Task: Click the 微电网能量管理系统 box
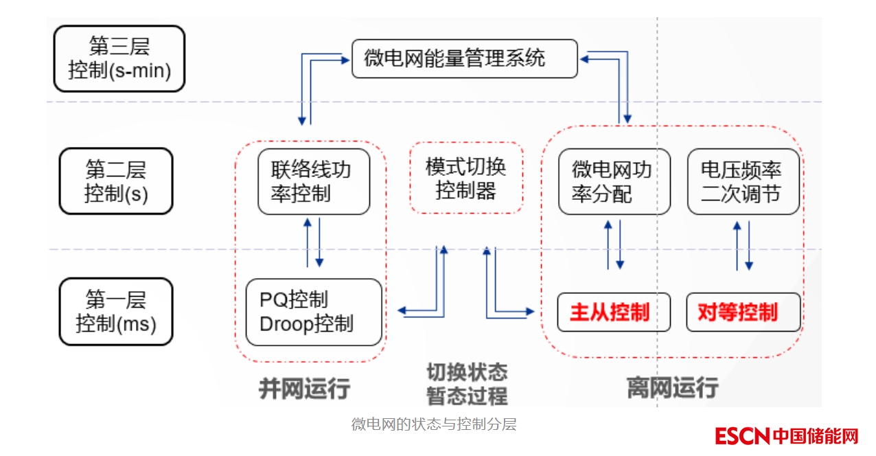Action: pos(464,58)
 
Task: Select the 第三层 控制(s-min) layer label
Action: pos(119,58)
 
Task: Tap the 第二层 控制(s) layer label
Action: pos(116,181)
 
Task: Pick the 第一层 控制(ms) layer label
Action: pos(116,311)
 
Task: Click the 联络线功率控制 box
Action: pos(314,181)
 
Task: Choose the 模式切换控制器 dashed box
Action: pos(466,178)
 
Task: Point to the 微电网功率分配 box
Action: pos(614,181)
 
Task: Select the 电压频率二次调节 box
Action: pos(743,181)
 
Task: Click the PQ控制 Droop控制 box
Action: pos(313,312)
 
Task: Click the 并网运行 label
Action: pos(304,389)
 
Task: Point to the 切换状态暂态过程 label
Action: pos(467,384)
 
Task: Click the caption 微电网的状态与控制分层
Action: pos(434,424)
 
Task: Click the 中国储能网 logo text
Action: pos(815,436)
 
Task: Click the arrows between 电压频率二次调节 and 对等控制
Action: pos(743,245)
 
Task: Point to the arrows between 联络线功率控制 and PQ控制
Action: pos(313,243)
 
